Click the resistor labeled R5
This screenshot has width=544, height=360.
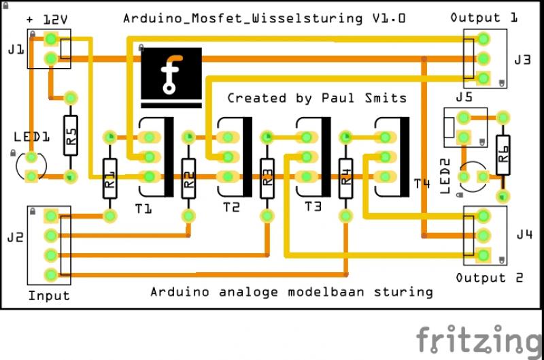coord(71,135)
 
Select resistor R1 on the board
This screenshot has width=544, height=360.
coord(110,178)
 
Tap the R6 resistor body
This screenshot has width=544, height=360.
coord(503,155)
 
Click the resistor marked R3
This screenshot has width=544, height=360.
coord(267,178)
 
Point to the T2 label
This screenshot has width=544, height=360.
coord(231,208)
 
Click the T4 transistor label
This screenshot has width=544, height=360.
coord(422,183)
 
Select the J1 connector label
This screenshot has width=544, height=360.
coord(16,50)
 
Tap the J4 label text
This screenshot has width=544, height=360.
coord(524,235)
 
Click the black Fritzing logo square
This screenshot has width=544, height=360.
coord(171,73)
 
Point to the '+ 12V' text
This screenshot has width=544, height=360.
coord(47,20)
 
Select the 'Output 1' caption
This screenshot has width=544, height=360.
coord(484,18)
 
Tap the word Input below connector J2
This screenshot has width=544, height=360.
coord(49,296)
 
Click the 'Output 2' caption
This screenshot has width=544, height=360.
coord(489,278)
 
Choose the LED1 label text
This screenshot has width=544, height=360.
coord(31,137)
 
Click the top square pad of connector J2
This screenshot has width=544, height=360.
coord(51,216)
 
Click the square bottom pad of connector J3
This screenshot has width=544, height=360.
coord(483,78)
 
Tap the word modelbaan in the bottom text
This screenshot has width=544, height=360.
coord(326,292)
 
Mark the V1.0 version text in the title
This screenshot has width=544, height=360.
coord(389,18)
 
